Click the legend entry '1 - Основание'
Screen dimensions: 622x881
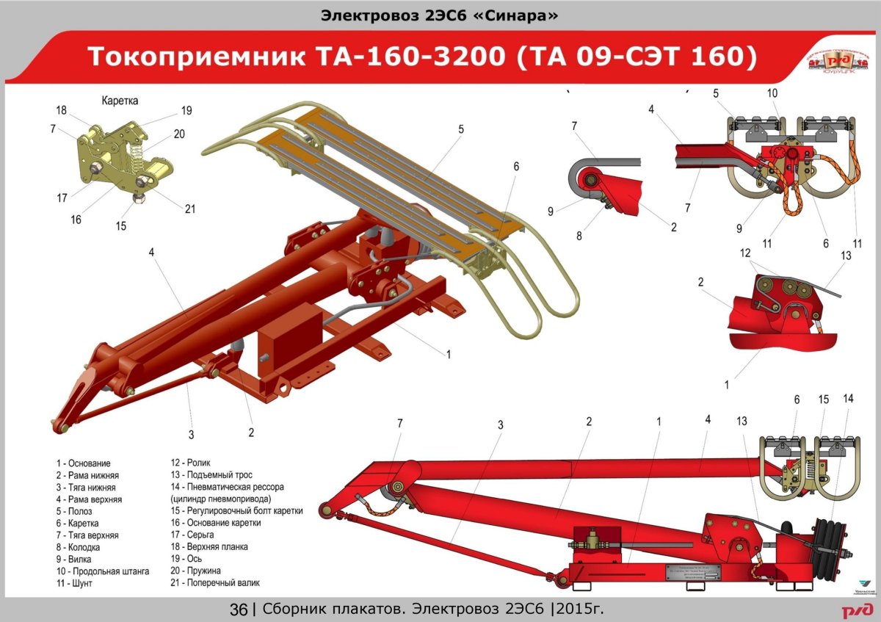click(83, 463)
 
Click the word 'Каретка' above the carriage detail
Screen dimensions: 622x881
click(119, 100)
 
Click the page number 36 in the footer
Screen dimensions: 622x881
click(239, 610)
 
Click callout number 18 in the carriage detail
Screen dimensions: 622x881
click(61, 109)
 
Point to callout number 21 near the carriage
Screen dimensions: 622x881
click(190, 209)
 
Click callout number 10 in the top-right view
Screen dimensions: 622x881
click(772, 93)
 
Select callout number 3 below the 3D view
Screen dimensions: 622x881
click(191, 435)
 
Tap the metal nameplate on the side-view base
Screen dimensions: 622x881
click(695, 572)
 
